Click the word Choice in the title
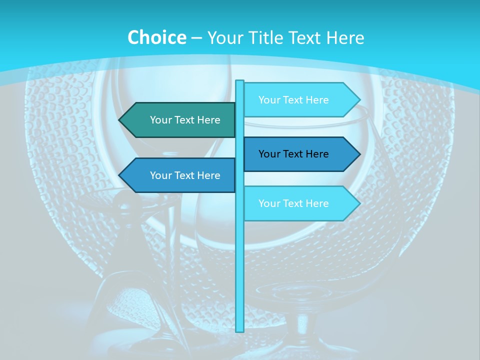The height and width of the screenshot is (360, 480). pos(156,37)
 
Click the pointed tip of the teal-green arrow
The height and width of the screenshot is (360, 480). pos(120,120)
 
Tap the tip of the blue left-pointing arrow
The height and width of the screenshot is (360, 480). pos(120,175)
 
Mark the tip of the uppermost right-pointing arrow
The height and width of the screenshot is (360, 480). pos(359,100)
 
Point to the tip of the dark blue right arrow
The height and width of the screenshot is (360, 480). pos(359,154)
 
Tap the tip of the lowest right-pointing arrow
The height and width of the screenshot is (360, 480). pos(359,203)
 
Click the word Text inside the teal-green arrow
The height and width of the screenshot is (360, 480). pos(185,120)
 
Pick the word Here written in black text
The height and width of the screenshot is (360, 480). pos(317,154)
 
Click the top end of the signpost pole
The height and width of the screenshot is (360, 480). pos(240,81)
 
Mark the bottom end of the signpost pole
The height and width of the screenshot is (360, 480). pos(240,330)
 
